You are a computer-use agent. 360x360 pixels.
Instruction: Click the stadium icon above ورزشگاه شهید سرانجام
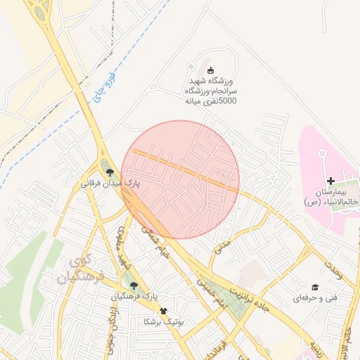(x=211, y=69)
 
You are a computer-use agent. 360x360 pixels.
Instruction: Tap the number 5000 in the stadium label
(x=228, y=101)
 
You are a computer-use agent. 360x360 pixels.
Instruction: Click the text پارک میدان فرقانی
(x=110, y=183)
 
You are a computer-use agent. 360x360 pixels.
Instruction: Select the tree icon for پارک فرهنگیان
(x=134, y=285)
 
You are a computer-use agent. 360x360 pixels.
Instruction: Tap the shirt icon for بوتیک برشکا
(x=164, y=310)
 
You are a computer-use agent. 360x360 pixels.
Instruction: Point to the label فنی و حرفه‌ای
(x=315, y=298)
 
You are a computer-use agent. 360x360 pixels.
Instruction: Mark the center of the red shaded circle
(x=180, y=179)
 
